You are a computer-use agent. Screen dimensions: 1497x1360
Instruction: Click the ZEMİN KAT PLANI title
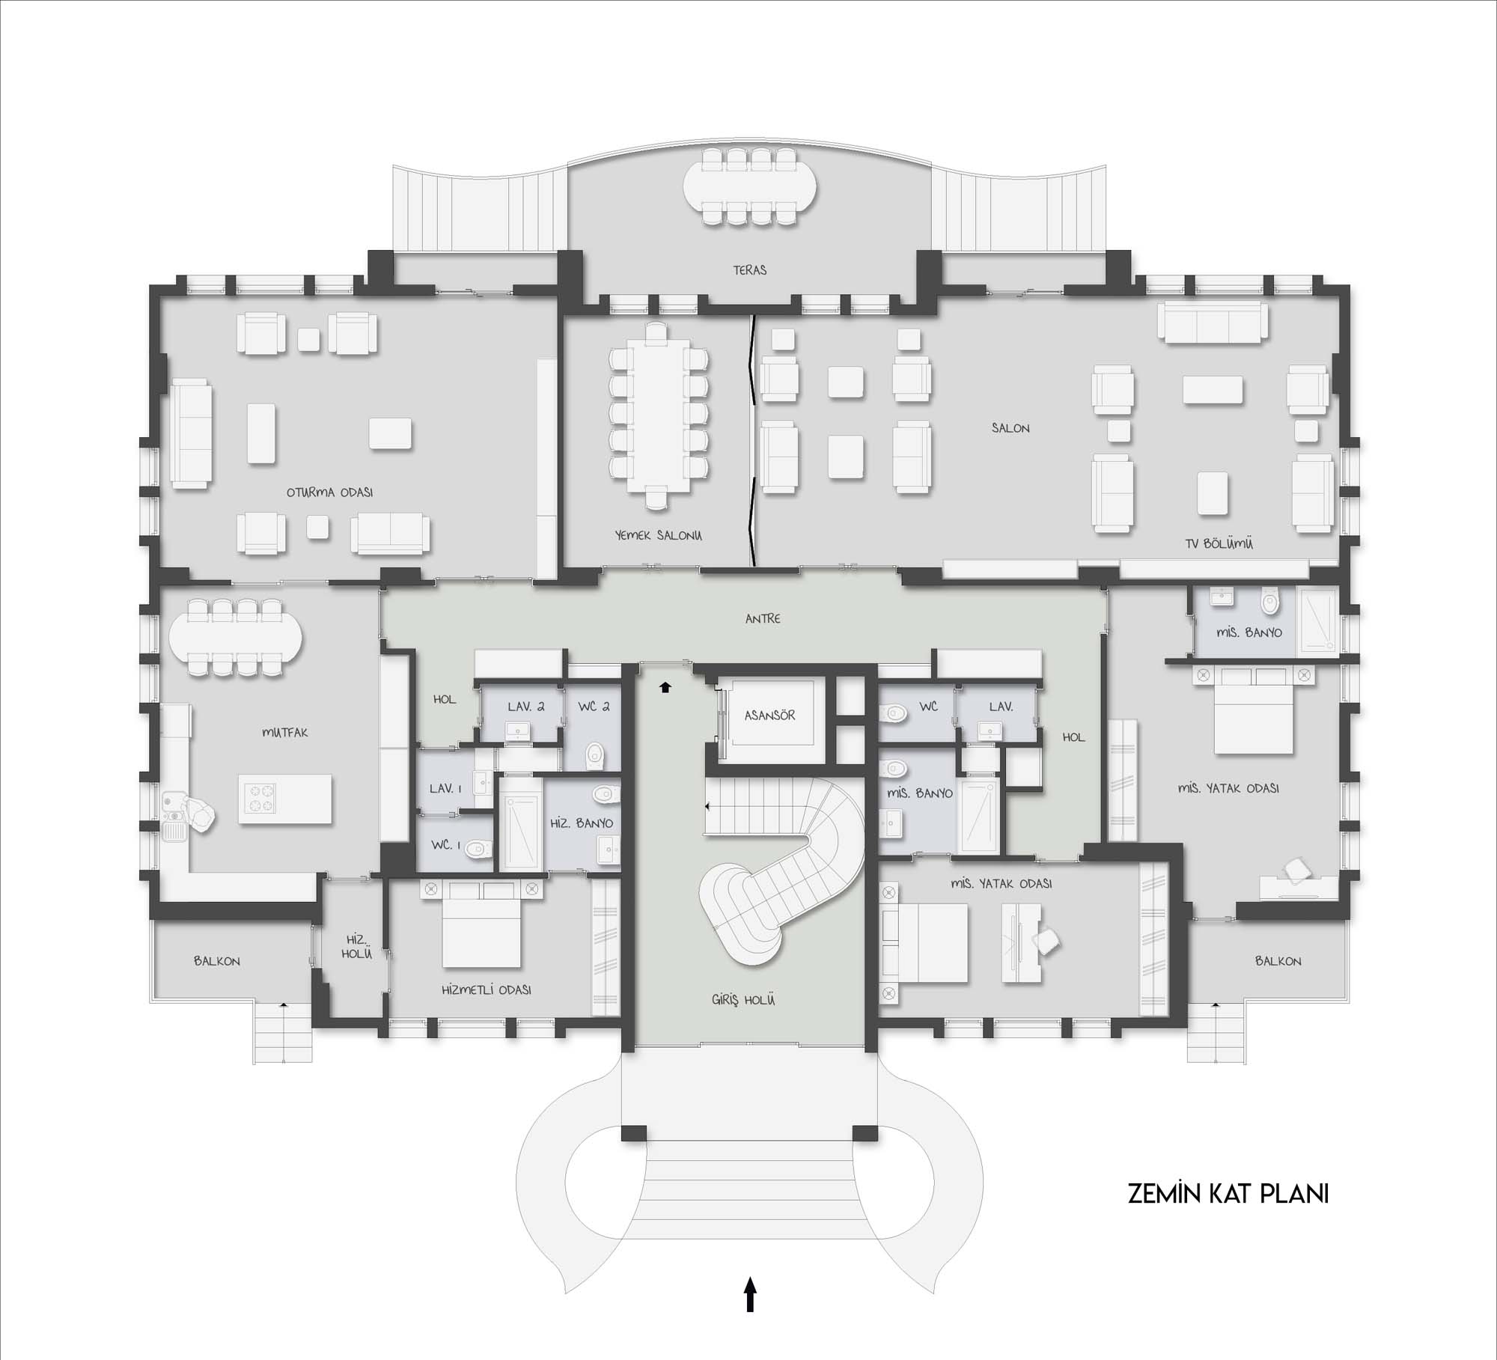point(1228,1215)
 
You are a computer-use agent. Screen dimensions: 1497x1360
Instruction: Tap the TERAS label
point(750,270)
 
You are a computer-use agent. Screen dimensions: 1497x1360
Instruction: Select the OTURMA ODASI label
point(329,493)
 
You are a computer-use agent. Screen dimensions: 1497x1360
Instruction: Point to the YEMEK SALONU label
point(658,535)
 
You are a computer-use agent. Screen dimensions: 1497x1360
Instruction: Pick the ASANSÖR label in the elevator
point(769,715)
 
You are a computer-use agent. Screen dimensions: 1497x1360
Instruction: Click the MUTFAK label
point(284,733)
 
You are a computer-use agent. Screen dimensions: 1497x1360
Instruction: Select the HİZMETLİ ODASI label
point(487,989)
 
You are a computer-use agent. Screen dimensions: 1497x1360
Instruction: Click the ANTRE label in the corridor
point(763,618)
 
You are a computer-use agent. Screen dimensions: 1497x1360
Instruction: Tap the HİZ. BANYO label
point(582,823)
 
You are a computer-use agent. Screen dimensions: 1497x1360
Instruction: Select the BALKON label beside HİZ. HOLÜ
point(217,961)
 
